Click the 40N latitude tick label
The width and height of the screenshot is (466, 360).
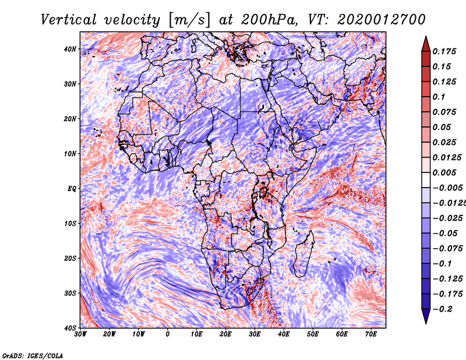[x=70, y=49]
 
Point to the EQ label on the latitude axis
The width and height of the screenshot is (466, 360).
[x=72, y=189]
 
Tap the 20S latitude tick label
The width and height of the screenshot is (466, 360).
[x=70, y=258]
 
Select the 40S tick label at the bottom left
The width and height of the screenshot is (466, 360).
[x=70, y=328]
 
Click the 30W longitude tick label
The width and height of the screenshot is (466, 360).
[x=80, y=334]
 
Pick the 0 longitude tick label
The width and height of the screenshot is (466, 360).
[x=168, y=334]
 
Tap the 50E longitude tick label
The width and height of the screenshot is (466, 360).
[x=313, y=334]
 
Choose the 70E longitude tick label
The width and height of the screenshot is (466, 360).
[x=371, y=334]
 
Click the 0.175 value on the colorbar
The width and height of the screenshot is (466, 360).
[x=444, y=51]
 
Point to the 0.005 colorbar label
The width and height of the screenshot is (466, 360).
[x=444, y=172]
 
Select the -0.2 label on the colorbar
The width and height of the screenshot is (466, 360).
[x=442, y=309]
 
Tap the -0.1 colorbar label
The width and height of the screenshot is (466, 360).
[x=442, y=263]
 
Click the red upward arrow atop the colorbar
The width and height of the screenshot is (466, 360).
[x=426, y=44]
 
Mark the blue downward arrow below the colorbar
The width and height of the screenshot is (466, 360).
[x=426, y=316]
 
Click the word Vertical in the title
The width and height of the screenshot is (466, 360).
[x=69, y=20]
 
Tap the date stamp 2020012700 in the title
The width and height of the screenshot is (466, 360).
[x=382, y=20]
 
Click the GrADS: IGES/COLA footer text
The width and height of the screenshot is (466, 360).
[x=33, y=356]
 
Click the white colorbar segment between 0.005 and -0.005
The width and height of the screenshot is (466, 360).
[x=426, y=180]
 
